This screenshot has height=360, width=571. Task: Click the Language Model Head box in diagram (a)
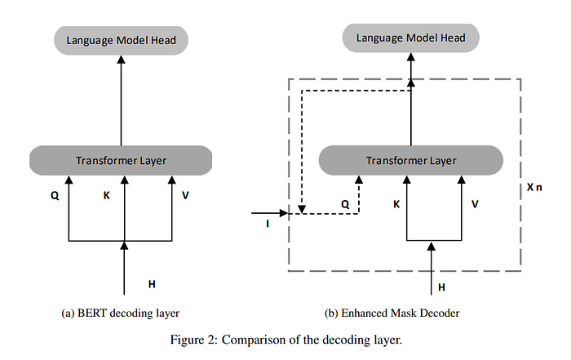tap(121, 41)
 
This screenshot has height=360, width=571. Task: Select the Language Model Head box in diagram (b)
tap(411, 38)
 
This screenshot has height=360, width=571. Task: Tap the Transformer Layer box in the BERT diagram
tap(121, 160)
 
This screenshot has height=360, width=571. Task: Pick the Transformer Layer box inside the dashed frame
tap(411, 160)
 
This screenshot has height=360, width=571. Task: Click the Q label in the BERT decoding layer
tap(55, 196)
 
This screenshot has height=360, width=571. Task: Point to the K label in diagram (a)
tap(106, 196)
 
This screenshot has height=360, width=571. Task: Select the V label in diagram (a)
tap(185, 196)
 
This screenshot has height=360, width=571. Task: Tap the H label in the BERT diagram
tap(152, 284)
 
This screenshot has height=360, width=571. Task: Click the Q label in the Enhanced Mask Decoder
tap(345, 204)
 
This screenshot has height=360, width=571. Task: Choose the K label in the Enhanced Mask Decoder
tap(396, 204)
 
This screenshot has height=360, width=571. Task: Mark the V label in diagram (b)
tap(475, 204)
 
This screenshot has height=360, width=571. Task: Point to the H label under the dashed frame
tap(442, 287)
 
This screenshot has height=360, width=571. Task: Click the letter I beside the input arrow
tap(268, 224)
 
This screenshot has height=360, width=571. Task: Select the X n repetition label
tap(534, 187)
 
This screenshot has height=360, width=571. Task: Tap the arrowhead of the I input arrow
tap(284, 213)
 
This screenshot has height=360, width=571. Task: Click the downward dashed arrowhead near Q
tap(302, 210)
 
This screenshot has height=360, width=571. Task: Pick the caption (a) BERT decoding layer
tap(121, 313)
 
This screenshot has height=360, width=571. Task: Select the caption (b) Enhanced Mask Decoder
tap(392, 313)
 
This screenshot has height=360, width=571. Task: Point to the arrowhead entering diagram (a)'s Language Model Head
tap(121, 60)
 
